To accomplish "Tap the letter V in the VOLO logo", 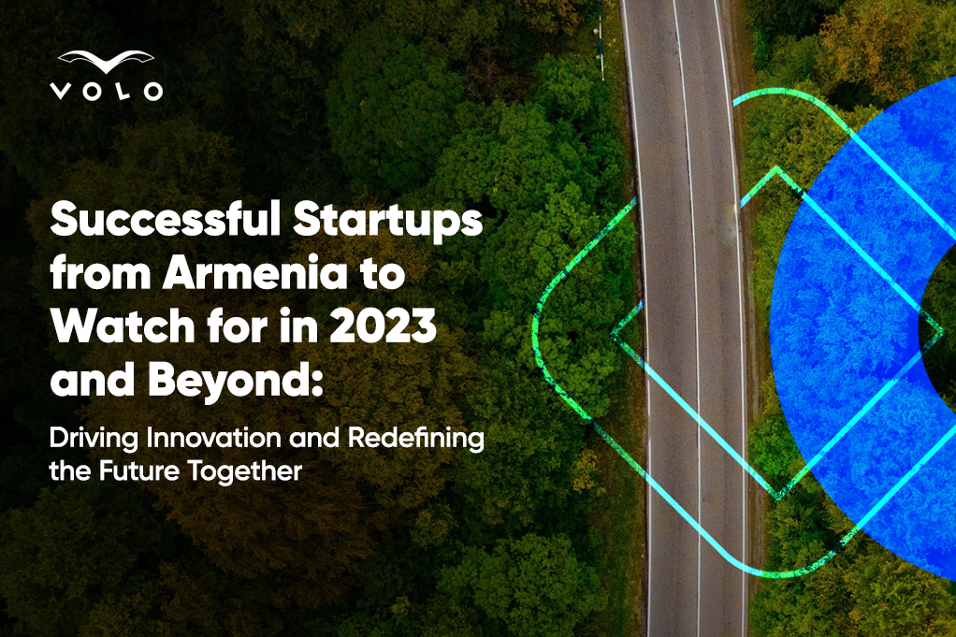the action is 60,92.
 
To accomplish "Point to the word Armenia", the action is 254,273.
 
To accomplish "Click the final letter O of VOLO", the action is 153,92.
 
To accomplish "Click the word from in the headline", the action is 100,273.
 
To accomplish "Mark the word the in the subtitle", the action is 71,471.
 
